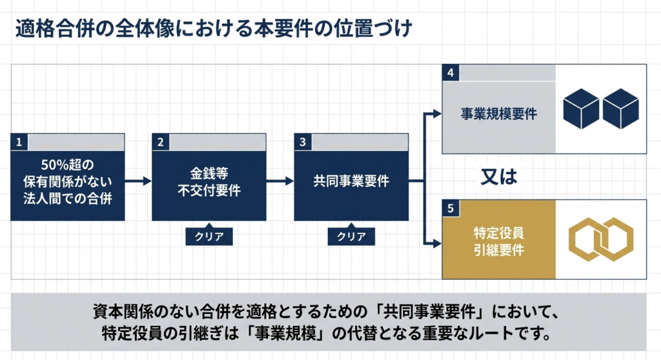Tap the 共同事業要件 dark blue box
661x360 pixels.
click(x=351, y=182)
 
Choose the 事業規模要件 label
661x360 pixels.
click(x=499, y=114)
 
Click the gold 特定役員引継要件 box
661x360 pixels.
click(x=499, y=243)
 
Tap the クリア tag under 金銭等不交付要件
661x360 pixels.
click(x=209, y=236)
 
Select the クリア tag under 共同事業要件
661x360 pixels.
click(x=351, y=236)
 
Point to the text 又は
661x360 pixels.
click(x=499, y=177)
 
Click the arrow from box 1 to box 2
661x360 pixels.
click(x=137, y=182)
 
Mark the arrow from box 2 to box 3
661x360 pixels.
click(x=280, y=182)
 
